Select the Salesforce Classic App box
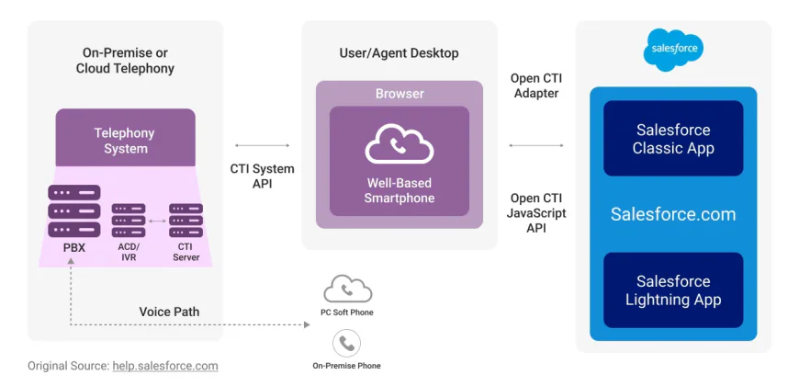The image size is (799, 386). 672,139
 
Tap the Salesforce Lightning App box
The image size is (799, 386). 672,290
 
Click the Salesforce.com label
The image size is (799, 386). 673,214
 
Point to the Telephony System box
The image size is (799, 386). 126,140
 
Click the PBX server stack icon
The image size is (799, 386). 74,211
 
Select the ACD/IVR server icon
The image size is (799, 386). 129,221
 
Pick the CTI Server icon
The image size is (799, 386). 185,221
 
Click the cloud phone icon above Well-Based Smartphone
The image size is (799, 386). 399,145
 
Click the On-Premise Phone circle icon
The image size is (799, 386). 346,344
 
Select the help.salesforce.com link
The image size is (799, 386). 165,366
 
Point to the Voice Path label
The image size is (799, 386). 169,312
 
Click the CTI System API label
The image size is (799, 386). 262,176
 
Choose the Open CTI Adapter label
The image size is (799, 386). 536,85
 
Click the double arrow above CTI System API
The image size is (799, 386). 262,145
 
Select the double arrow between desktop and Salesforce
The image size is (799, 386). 536,145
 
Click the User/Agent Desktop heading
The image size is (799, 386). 399,52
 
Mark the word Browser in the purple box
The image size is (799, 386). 399,94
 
